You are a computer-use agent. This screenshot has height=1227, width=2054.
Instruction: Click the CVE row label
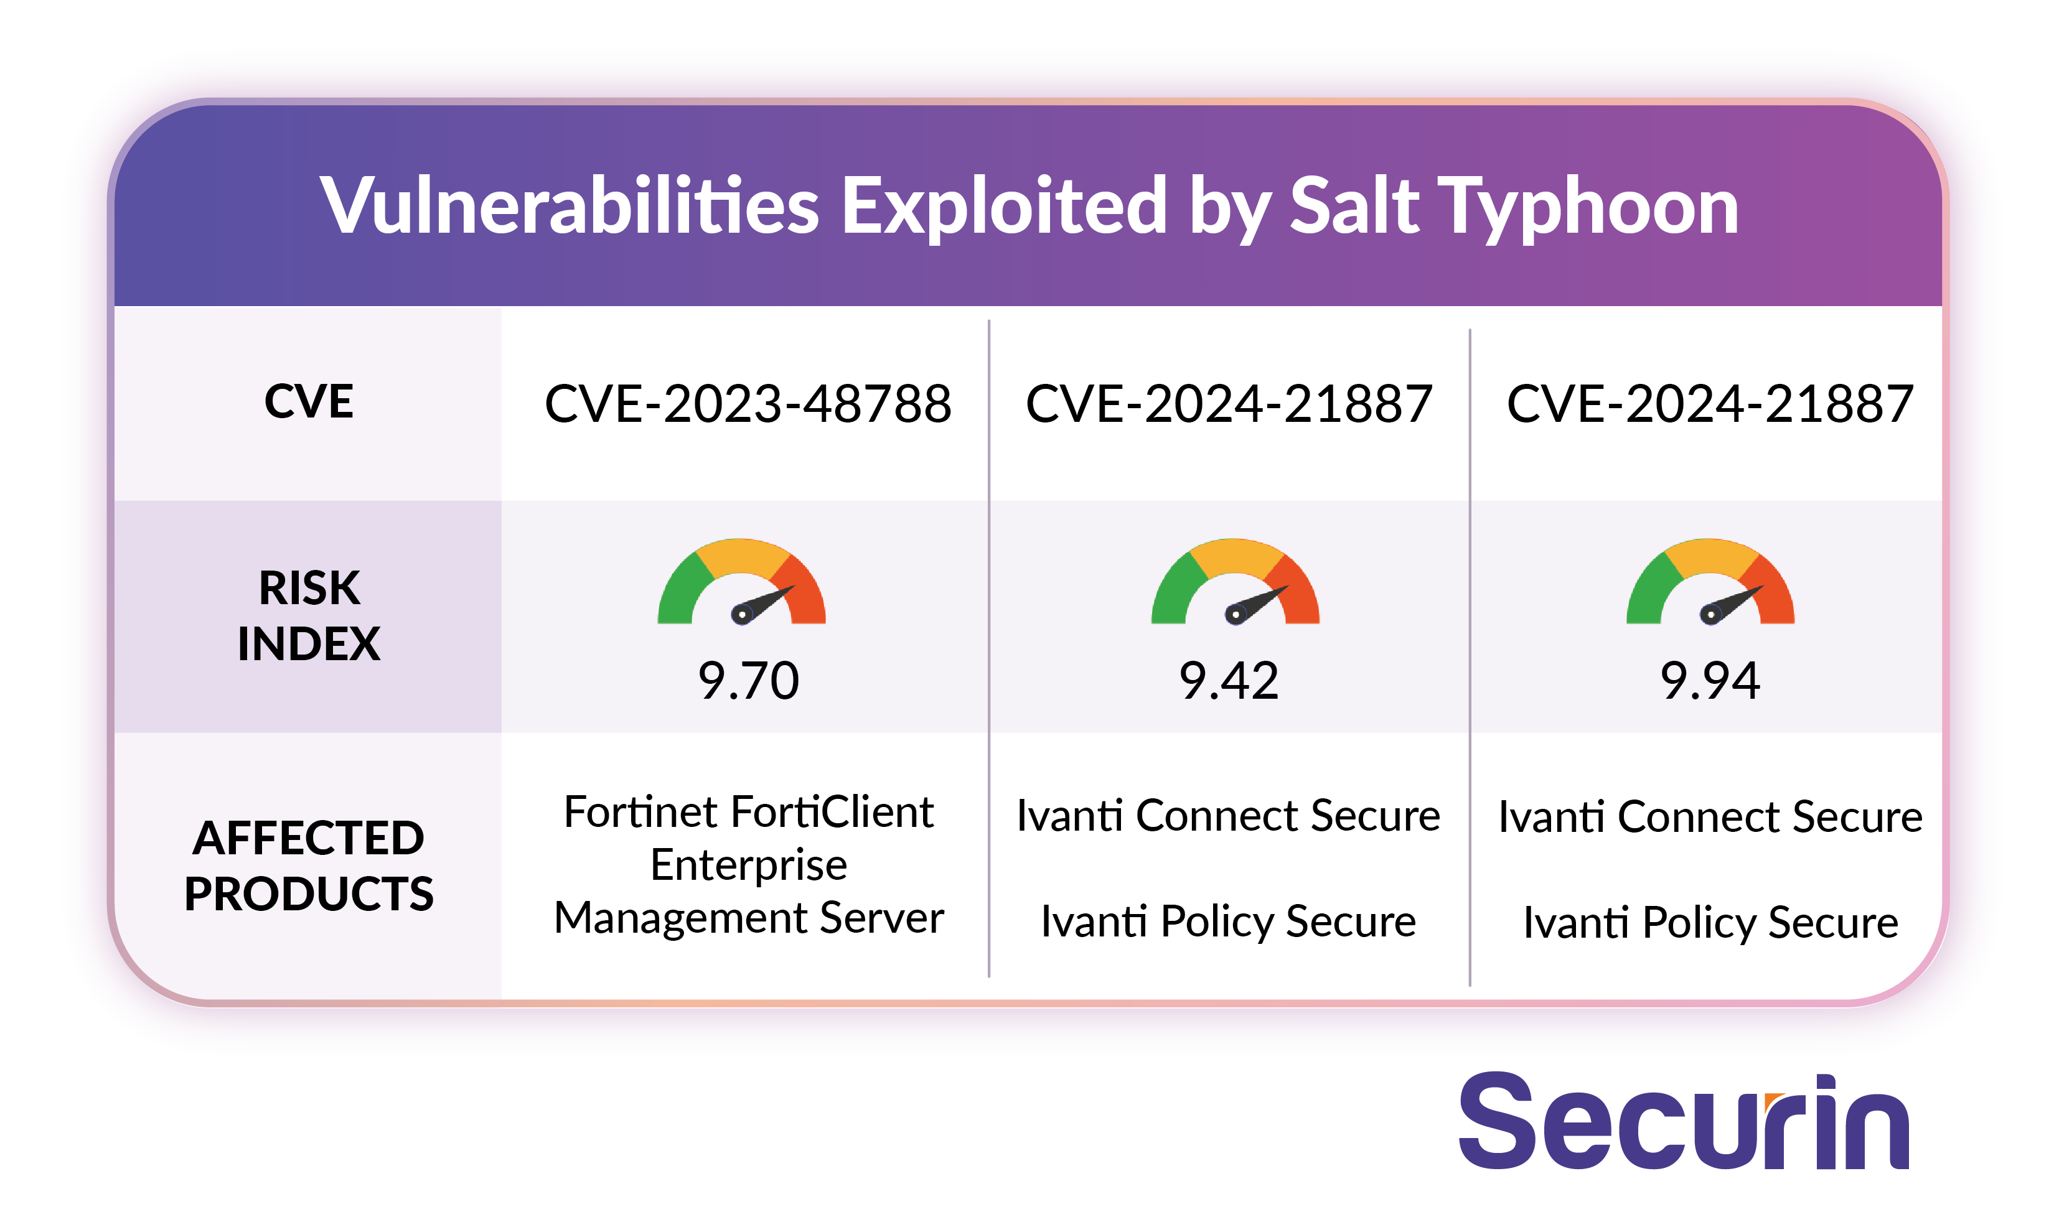309,402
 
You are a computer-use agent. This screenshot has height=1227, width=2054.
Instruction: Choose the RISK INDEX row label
309,616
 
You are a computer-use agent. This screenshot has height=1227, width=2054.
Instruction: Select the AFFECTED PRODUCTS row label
309,865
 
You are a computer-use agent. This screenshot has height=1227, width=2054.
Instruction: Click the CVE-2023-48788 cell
748,404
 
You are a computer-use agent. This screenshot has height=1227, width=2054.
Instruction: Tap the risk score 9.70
748,681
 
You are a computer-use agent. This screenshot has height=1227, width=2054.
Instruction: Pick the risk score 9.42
1229,681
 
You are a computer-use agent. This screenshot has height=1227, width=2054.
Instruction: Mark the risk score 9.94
1710,681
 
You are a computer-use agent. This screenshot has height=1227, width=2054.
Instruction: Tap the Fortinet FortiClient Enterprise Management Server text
748,865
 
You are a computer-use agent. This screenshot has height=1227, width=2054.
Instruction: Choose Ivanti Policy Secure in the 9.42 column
1228,922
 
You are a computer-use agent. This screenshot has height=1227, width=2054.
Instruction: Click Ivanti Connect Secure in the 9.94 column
1710,817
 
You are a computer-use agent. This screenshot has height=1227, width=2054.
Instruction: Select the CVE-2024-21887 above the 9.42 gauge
1229,404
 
